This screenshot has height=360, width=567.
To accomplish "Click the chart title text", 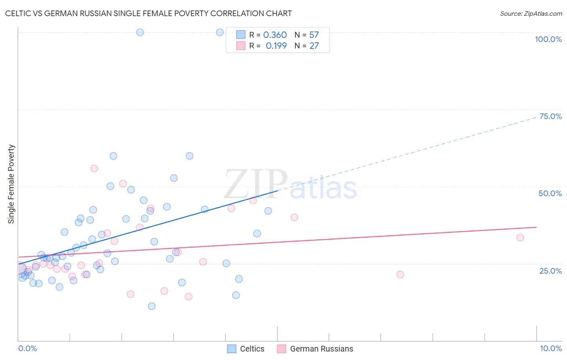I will [148, 13].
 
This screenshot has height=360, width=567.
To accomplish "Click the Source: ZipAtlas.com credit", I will [531, 13].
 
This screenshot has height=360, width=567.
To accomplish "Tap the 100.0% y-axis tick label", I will [548, 39].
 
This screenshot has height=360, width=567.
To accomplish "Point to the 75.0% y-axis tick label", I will [550, 116].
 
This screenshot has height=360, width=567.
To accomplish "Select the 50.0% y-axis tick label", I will [550, 193].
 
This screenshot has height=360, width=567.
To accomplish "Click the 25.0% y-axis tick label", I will [550, 270].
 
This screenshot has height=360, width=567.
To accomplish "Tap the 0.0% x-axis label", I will [27, 348].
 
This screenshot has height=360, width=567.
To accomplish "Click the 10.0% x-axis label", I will [550, 348].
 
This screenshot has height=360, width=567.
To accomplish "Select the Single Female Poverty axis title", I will [11, 184].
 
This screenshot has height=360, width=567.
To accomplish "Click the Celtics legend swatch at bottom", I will [231, 349].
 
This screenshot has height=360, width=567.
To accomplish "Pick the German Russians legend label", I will [321, 349].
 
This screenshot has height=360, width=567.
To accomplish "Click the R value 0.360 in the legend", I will [275, 35].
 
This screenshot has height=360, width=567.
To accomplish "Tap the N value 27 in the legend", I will [314, 46].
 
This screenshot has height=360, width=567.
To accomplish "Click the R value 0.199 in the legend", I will [276, 46].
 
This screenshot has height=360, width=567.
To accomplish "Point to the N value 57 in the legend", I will [314, 35].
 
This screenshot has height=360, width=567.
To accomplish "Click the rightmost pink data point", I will [520, 238].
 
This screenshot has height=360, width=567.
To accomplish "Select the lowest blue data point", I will [152, 306].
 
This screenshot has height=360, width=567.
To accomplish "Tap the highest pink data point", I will [94, 168].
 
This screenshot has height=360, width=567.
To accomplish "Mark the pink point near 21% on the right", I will [400, 274].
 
